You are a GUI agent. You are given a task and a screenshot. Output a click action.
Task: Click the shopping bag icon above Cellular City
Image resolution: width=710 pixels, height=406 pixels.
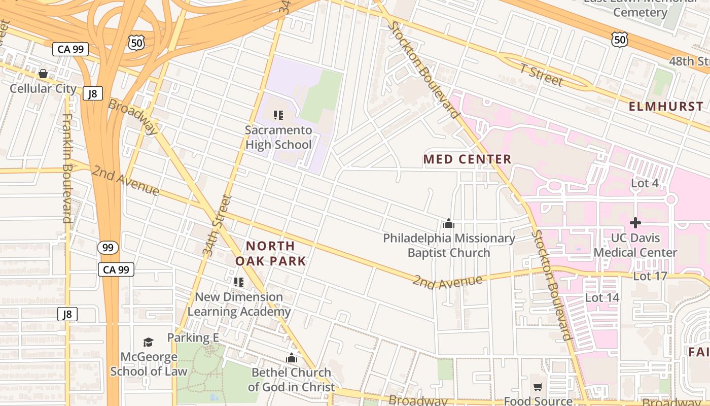point(43,74)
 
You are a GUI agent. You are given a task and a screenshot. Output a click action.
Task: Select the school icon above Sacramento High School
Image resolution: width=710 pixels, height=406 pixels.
point(278,115)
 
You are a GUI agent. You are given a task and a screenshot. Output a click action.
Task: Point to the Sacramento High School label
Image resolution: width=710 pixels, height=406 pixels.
point(278,137)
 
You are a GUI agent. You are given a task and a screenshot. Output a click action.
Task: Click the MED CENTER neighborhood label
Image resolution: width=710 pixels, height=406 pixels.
point(467,159)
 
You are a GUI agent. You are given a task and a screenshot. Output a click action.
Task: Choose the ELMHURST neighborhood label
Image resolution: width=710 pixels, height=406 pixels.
point(666,107)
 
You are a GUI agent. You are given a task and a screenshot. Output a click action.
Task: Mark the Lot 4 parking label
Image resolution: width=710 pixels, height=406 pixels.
point(645,183)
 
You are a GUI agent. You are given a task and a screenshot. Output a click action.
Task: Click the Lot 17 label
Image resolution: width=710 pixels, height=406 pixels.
point(650,276)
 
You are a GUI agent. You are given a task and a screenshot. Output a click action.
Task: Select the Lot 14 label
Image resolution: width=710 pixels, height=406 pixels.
point(602,297)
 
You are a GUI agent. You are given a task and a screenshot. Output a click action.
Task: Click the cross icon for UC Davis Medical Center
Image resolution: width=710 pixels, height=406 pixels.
point(635,223)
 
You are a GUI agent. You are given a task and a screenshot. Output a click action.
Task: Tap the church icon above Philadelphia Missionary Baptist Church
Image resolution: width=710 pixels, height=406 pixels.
point(448,223)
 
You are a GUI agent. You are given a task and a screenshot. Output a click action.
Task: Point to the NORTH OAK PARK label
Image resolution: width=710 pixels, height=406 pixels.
point(270,253)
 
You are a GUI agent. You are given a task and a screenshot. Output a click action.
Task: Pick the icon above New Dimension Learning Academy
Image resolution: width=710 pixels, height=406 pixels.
point(239,282)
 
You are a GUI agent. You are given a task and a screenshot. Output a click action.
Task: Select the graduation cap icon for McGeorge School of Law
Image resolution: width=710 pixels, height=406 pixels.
point(148,342)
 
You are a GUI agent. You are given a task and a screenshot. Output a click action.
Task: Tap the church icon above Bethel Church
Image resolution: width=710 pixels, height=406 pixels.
point(291,358)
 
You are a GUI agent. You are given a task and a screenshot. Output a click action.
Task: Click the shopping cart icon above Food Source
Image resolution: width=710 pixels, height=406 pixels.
point(538,387)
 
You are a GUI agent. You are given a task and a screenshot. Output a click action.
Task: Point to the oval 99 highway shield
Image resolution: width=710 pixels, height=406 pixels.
point(108,248)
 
